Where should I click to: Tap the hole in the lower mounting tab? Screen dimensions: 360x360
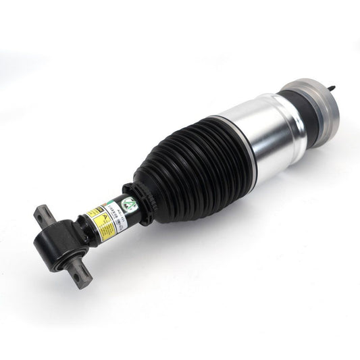coord(82,275)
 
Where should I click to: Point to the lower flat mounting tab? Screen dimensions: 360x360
coord(82,274)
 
